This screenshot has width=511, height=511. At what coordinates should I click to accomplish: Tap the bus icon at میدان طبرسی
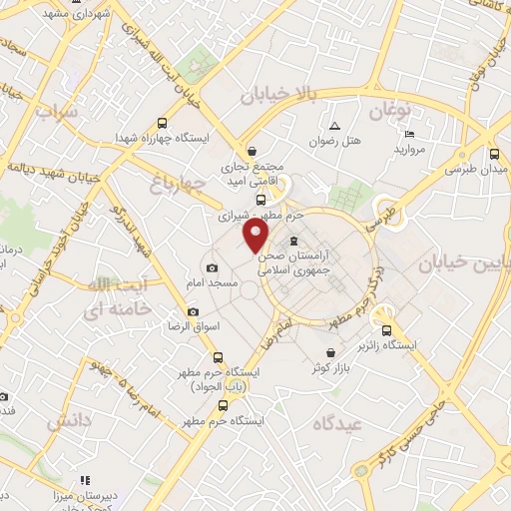496,154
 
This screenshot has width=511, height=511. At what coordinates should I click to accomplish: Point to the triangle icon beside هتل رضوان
334,126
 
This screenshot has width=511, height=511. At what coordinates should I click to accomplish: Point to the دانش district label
69,420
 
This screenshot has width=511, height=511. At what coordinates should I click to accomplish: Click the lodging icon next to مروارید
411,133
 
